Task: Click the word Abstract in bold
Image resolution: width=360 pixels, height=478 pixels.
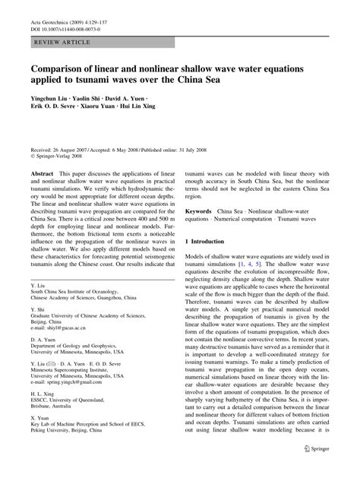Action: pyautogui.click(x=41, y=174)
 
